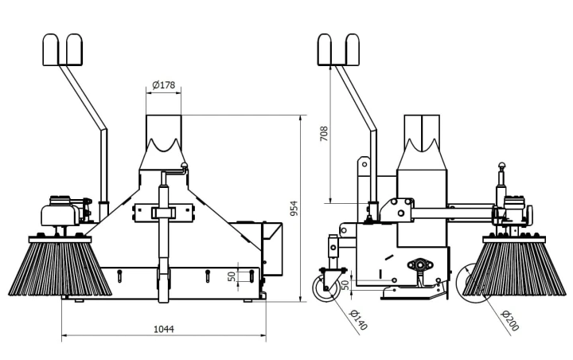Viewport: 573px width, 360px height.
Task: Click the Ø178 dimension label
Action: click(164, 85)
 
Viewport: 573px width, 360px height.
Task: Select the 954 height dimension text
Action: click(294, 208)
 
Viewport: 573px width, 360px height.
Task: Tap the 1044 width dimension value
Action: click(164, 329)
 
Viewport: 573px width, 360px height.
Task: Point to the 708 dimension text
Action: click(324, 134)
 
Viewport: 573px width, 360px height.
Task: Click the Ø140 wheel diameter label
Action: click(358, 320)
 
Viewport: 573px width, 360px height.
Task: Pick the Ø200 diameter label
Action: click(510, 320)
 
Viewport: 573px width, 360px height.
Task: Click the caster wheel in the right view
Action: click(325, 288)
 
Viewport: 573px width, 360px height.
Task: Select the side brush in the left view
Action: click(60, 266)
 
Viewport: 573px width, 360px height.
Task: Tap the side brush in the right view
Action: click(513, 266)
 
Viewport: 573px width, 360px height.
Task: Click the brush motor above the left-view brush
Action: click(60, 213)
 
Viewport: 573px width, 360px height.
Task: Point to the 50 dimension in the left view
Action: click(232, 276)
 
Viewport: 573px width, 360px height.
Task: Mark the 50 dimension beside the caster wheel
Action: click(345, 285)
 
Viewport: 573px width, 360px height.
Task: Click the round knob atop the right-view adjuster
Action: click(502, 166)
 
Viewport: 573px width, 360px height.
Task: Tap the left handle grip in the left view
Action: click(50, 49)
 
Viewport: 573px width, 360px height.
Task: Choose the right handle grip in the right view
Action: click(353, 49)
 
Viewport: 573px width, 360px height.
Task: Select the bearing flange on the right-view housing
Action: click(420, 264)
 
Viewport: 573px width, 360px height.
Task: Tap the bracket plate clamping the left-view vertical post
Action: click(163, 212)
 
